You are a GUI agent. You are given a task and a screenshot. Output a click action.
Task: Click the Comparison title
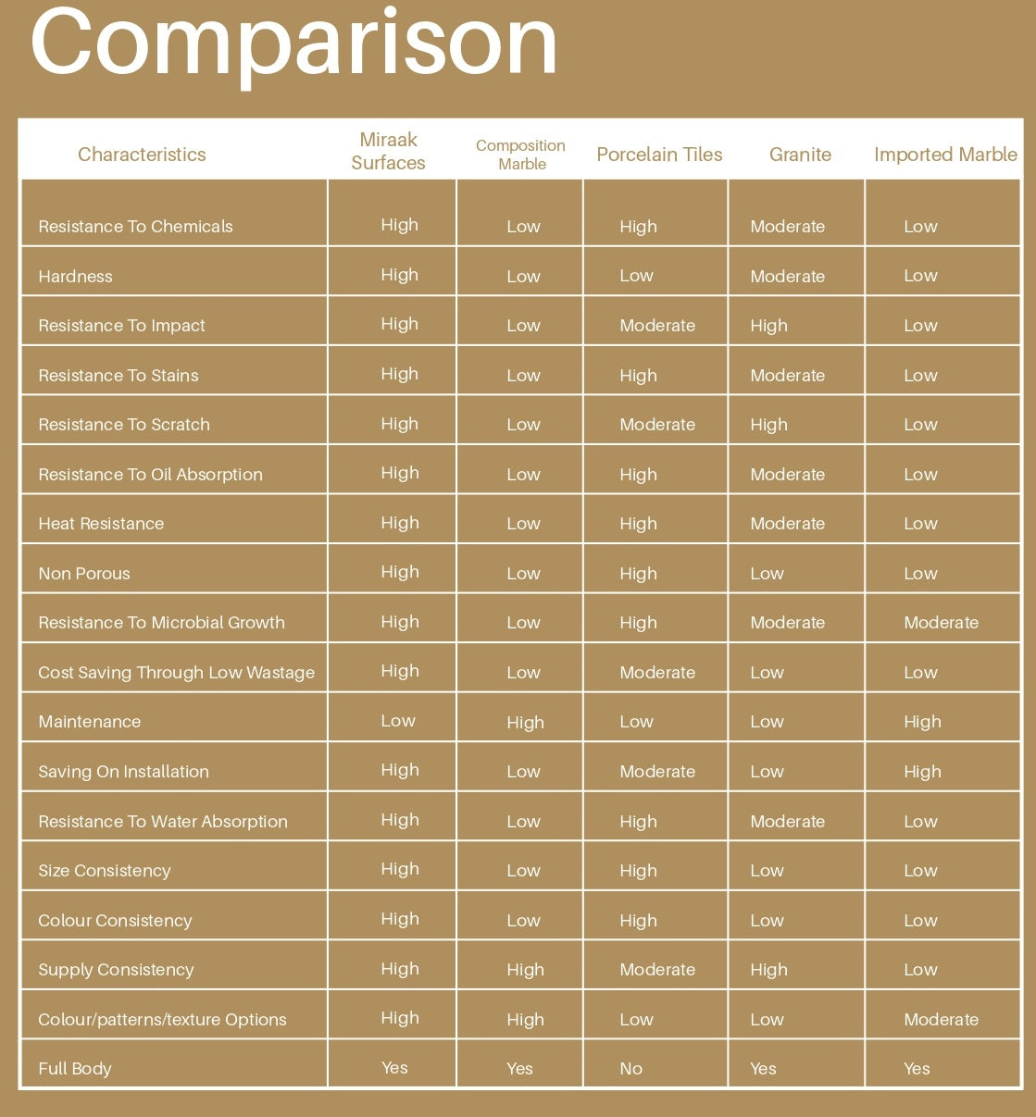tap(293, 42)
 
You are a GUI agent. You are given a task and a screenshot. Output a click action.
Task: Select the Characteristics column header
tap(142, 155)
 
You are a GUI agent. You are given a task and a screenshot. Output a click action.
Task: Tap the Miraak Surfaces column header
tap(389, 151)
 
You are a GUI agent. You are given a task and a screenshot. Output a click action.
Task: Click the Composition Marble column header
tap(520, 155)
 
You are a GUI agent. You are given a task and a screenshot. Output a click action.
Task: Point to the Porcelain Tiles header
tap(659, 155)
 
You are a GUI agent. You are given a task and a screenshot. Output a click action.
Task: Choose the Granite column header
tap(800, 155)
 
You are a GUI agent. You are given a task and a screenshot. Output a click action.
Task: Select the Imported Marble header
tap(945, 155)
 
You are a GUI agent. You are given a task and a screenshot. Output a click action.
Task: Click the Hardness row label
tap(75, 277)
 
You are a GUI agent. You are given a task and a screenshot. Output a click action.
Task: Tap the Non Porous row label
tap(84, 574)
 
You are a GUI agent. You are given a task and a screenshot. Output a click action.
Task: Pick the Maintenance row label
tap(90, 722)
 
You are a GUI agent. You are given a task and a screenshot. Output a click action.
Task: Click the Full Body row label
tap(75, 1069)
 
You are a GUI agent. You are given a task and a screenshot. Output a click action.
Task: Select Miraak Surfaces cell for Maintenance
tap(398, 721)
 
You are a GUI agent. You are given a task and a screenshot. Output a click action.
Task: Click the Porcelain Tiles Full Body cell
tap(631, 1069)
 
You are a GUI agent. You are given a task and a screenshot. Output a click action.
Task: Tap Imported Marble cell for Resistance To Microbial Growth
tap(941, 623)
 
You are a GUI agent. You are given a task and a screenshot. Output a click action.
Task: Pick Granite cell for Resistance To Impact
tap(768, 326)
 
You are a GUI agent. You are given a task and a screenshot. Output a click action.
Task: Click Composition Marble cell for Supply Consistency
tap(525, 970)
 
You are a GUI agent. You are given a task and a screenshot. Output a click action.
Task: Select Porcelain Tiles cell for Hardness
tap(636, 276)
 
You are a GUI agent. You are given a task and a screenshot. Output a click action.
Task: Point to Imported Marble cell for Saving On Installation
tap(922, 772)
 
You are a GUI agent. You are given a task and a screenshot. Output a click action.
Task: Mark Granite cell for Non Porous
tap(767, 574)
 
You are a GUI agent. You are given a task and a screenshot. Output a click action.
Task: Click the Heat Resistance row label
tap(101, 524)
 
